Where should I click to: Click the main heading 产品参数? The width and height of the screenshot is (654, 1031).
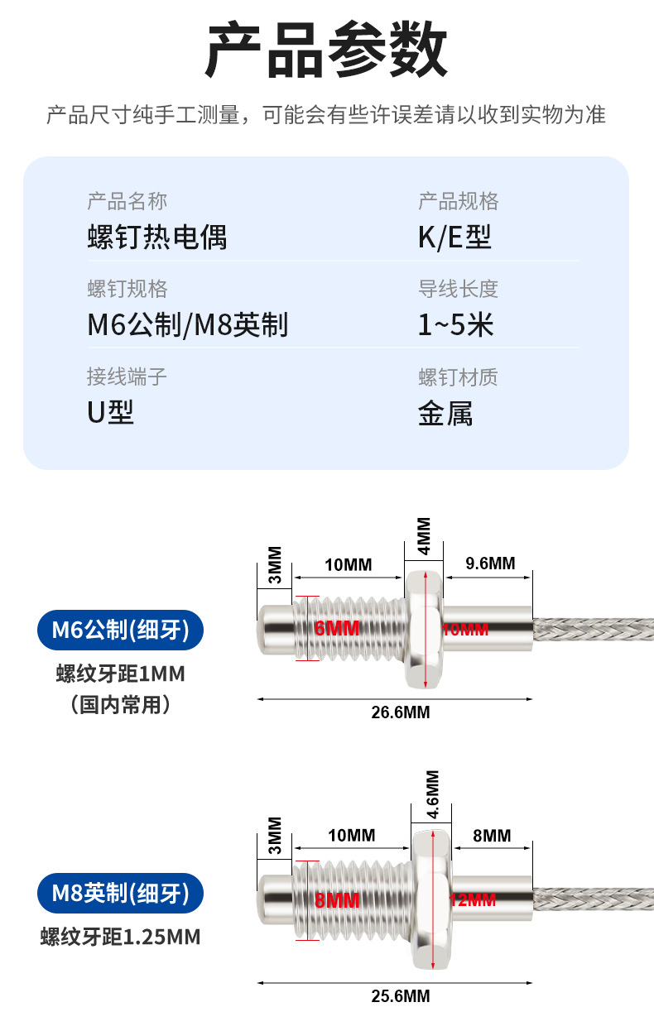pyautogui.click(x=326, y=50)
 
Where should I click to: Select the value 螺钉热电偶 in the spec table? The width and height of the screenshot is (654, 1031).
pyautogui.click(x=157, y=237)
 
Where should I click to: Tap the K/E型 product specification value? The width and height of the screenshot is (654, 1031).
pyautogui.click(x=454, y=237)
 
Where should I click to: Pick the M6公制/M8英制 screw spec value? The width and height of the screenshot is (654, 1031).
pyautogui.click(x=187, y=325)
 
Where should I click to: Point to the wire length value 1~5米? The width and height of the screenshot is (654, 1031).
pyautogui.click(x=455, y=325)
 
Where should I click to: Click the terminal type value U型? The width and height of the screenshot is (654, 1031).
pyautogui.click(x=111, y=412)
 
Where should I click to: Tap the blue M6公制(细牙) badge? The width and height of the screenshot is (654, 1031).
pyautogui.click(x=120, y=631)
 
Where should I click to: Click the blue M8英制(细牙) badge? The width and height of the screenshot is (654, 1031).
pyautogui.click(x=120, y=894)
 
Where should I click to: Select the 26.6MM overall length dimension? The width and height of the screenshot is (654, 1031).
pyautogui.click(x=400, y=712)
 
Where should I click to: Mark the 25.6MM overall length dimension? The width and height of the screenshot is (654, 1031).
pyautogui.click(x=400, y=996)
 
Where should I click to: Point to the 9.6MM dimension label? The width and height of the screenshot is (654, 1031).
pyautogui.click(x=490, y=563)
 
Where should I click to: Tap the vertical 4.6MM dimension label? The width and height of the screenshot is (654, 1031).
pyautogui.click(x=432, y=795)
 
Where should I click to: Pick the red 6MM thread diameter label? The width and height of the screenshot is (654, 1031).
pyautogui.click(x=337, y=629)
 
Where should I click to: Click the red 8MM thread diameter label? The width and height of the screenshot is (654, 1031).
pyautogui.click(x=337, y=901)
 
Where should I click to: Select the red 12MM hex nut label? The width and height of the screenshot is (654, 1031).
pyautogui.click(x=473, y=900)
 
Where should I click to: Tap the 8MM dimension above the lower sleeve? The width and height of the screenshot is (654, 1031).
pyautogui.click(x=492, y=836)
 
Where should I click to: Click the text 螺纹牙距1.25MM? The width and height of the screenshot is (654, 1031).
pyautogui.click(x=120, y=937)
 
